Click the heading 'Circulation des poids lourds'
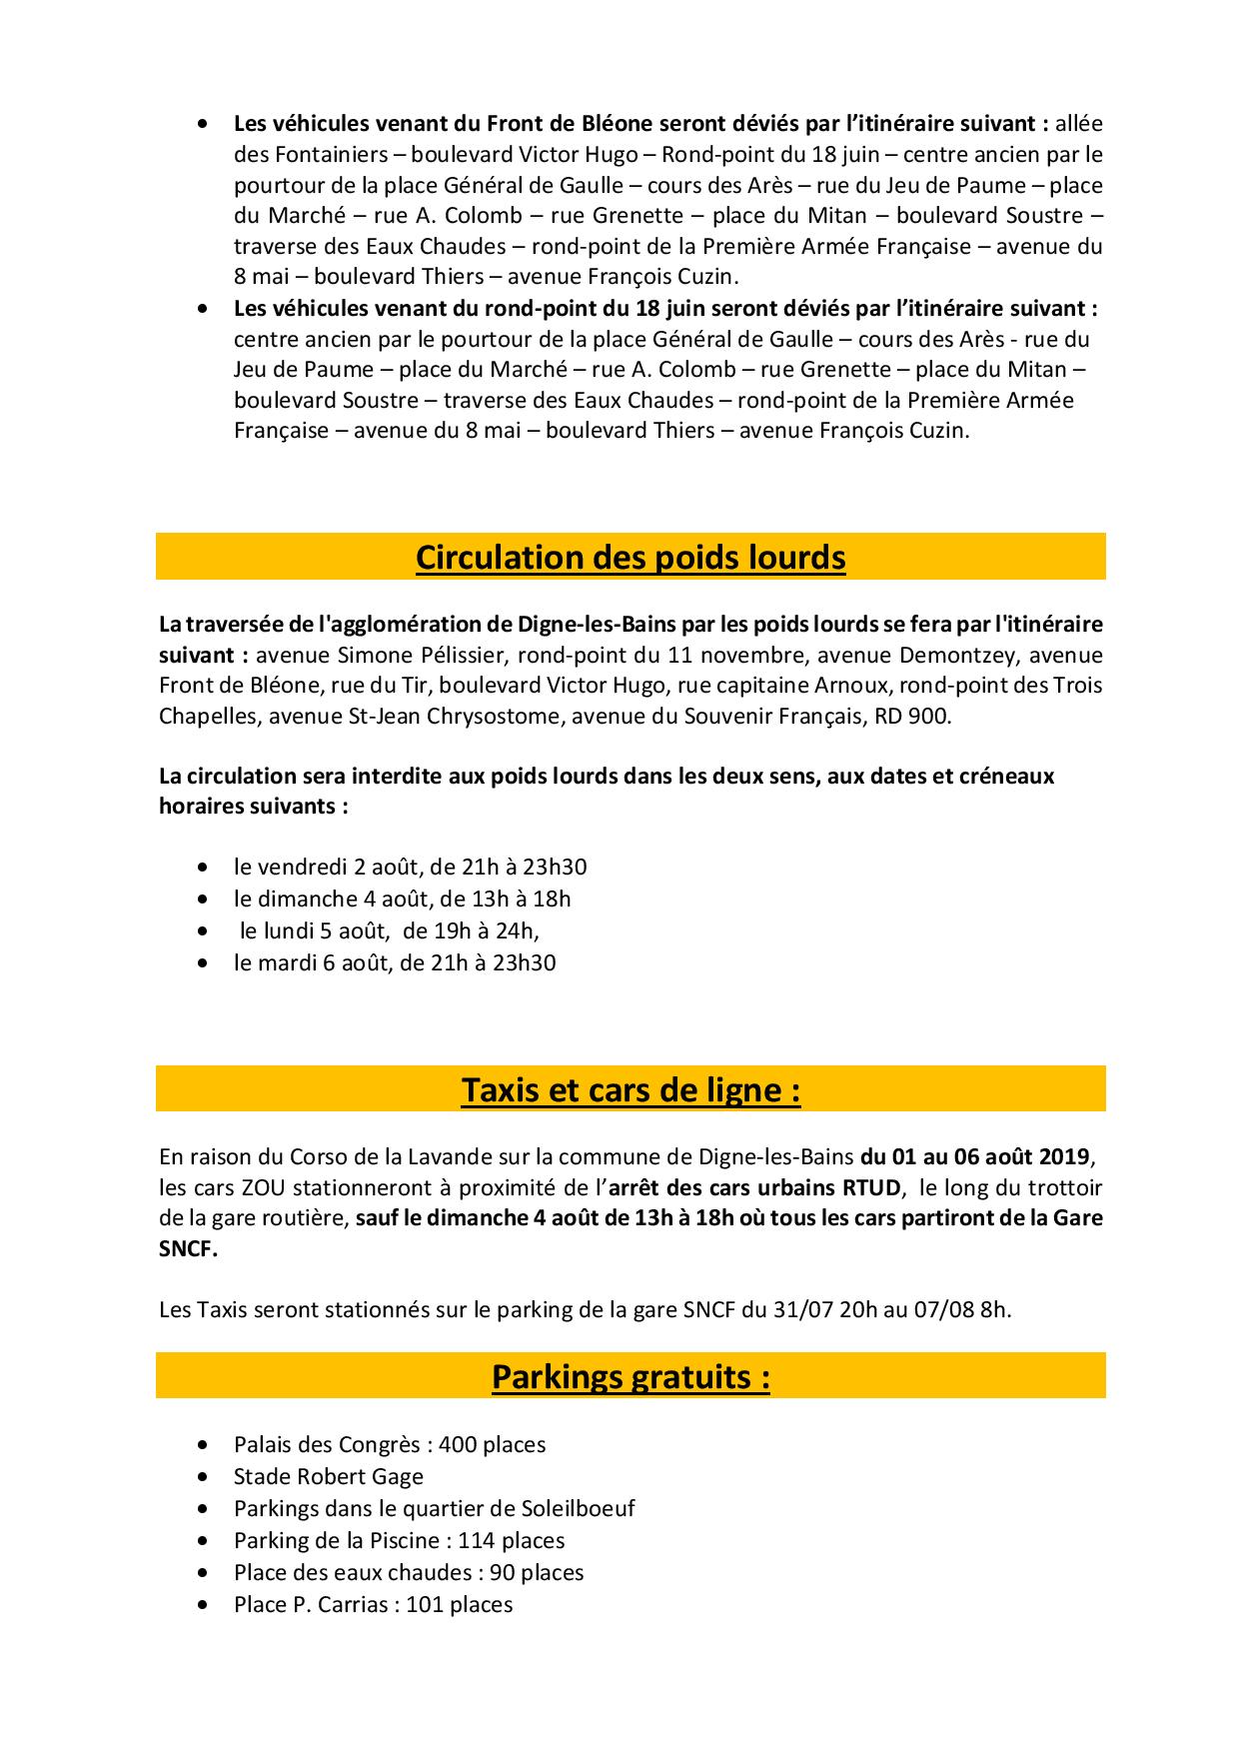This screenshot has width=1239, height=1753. coord(630,558)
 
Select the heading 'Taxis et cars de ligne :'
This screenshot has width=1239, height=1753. coord(630,1089)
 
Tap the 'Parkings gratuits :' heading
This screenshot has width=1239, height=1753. coord(630,1377)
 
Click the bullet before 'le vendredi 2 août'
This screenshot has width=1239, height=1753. coord(205,867)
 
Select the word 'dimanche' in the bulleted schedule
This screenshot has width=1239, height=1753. coord(308,898)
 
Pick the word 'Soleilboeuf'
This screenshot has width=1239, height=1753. coord(579,1508)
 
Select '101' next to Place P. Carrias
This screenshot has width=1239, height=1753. coord(425,1604)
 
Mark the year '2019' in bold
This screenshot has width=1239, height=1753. coord(1060,1157)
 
